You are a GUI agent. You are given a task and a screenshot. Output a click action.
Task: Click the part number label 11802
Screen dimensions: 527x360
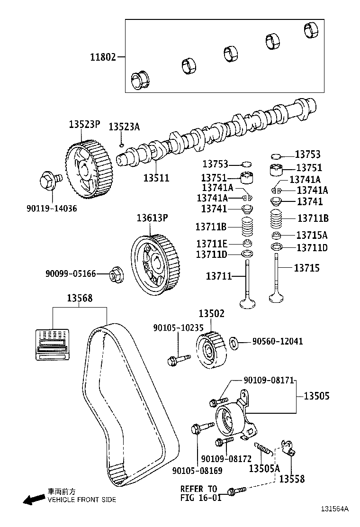(x=103, y=57)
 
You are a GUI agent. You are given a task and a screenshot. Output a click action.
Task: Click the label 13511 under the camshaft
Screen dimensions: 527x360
(x=156, y=178)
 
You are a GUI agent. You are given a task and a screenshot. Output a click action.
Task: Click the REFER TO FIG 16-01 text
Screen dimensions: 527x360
(x=198, y=493)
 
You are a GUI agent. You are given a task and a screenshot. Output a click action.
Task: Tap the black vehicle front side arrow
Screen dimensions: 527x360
(x=33, y=499)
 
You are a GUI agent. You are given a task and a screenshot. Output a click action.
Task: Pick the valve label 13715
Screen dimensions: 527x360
(x=306, y=268)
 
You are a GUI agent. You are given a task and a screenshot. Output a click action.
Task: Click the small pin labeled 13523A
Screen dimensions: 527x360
(x=122, y=145)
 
